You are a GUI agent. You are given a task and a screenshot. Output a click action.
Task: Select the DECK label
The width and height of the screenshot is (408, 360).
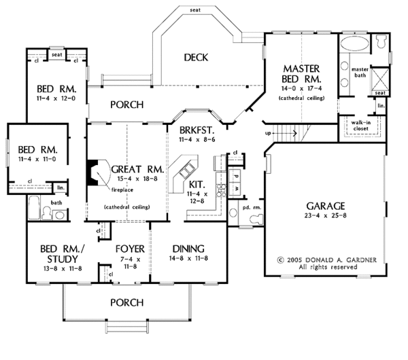(196, 58)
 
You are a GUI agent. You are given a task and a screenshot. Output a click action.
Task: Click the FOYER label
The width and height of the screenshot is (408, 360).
(129, 249)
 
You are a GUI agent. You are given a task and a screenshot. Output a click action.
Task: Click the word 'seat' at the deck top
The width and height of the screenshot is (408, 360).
(195, 10)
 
